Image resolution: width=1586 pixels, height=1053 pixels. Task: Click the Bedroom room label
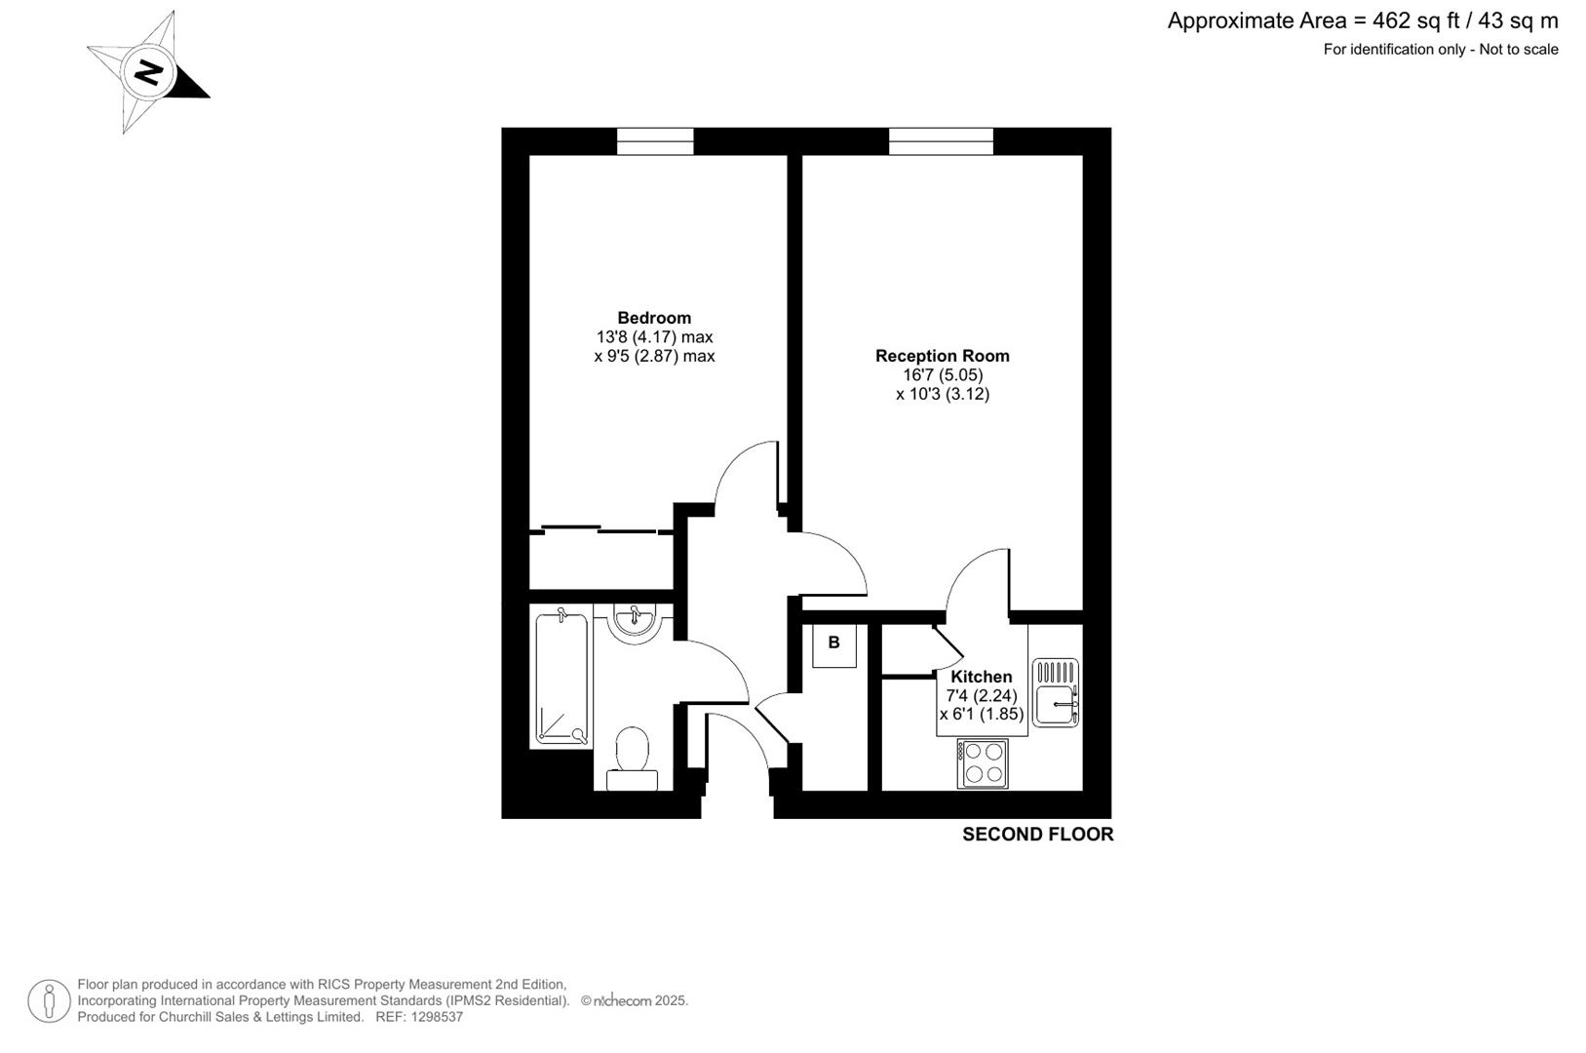(x=654, y=318)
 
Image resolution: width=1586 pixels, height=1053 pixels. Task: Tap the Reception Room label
(x=942, y=356)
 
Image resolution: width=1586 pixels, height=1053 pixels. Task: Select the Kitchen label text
(x=982, y=677)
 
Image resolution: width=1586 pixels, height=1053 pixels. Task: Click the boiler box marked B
(x=833, y=644)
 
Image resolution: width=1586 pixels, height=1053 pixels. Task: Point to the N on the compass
(x=149, y=72)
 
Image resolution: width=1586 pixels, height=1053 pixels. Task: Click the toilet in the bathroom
(x=633, y=757)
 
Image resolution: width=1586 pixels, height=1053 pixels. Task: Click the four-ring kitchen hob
(x=983, y=763)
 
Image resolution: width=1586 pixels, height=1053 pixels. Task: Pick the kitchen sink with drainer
(x=1056, y=692)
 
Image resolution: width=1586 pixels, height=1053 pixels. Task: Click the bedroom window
(x=655, y=142)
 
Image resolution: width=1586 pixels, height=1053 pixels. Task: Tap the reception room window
(x=941, y=142)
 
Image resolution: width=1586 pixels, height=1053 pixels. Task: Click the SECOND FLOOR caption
(x=1037, y=835)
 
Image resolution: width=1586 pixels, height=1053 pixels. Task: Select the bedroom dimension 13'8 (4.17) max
(x=654, y=337)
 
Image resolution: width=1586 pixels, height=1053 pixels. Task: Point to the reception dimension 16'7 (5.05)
(x=943, y=375)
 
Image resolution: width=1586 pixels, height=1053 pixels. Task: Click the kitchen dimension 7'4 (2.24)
(x=982, y=696)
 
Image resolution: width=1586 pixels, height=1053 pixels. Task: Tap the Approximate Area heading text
(x=1362, y=20)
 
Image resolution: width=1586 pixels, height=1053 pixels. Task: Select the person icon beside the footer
(x=49, y=1001)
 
